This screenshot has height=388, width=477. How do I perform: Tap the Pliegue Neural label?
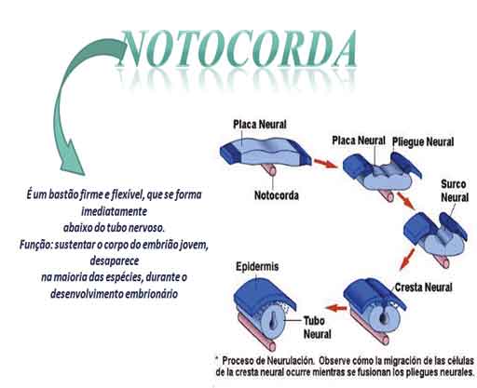pyautogui.click(x=423, y=142)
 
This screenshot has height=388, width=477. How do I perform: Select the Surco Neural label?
pyautogui.click(x=455, y=191)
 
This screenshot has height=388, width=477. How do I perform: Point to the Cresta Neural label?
pyautogui.click(x=423, y=288)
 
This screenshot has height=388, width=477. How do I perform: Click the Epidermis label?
pyautogui.click(x=257, y=267)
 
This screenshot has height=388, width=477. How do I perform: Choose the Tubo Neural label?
pyautogui.click(x=317, y=328)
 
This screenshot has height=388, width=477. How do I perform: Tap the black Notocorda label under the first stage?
pyautogui.click(x=277, y=195)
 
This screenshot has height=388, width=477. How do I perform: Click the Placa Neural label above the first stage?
pyautogui.click(x=260, y=125)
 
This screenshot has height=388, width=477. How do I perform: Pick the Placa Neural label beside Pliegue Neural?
pyautogui.click(x=359, y=140)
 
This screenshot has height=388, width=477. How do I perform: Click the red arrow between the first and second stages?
pyautogui.click(x=325, y=164)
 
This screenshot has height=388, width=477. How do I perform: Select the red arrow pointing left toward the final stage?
pyautogui.click(x=336, y=308)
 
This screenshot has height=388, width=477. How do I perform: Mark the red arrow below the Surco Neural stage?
pyautogui.click(x=407, y=259)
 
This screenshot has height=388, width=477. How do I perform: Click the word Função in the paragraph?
pyautogui.click(x=35, y=245)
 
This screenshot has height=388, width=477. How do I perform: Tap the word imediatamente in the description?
pyautogui.click(x=114, y=211)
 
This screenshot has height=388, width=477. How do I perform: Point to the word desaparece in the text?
pyautogui.click(x=115, y=261)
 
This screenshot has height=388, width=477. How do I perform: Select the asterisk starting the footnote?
pyautogui.click(x=217, y=359)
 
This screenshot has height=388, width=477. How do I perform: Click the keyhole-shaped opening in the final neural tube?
pyautogui.click(x=272, y=318)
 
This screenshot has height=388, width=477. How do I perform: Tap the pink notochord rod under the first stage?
pyautogui.click(x=269, y=169)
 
